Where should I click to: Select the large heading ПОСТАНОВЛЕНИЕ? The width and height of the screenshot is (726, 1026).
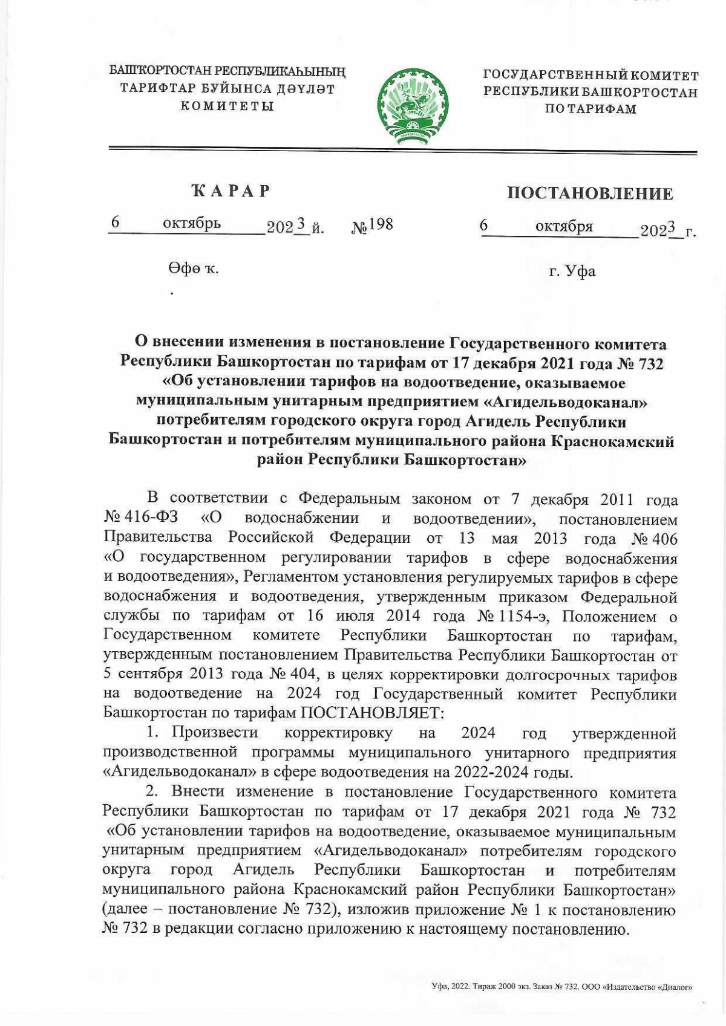590,193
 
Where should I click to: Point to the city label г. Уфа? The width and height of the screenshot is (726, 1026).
572,271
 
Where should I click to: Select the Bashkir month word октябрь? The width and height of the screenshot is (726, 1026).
192,224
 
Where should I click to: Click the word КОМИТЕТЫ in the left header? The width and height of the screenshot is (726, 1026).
227,106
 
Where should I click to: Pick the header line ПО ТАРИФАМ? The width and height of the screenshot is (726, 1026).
590,109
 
